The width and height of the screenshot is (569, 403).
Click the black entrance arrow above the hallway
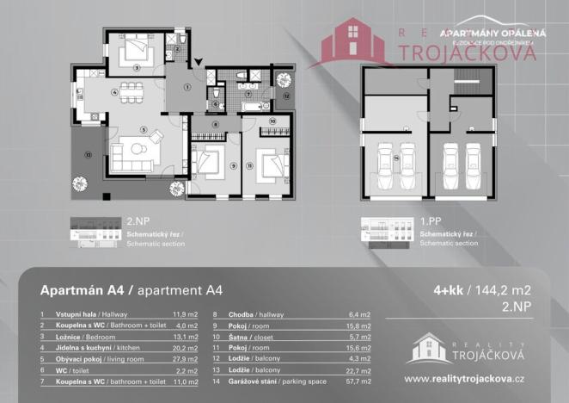tap(198, 61)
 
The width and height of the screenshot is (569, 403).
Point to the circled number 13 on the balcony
tap(89, 155)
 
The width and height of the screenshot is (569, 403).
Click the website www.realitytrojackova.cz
tap(465, 379)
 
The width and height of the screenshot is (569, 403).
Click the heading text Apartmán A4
tap(85, 291)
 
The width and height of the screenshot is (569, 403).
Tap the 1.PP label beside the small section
tap(431, 222)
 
